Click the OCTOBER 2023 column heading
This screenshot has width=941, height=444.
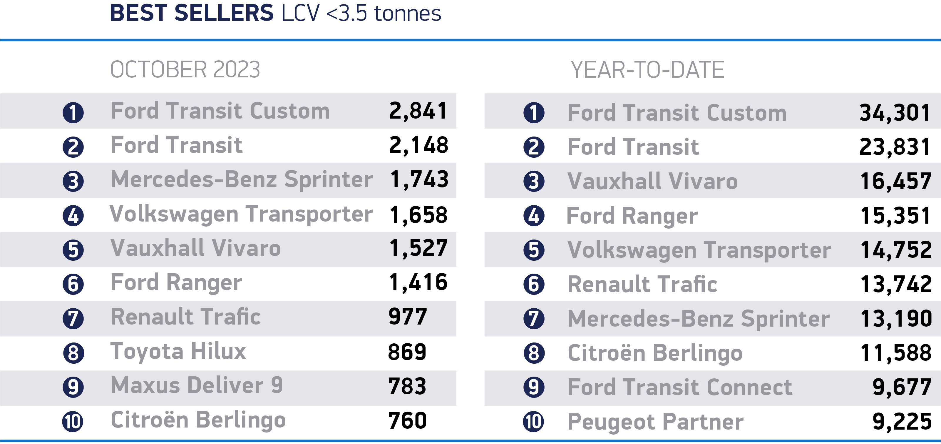click(x=185, y=69)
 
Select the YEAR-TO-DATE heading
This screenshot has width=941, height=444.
click(x=647, y=70)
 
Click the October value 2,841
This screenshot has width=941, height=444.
click(x=418, y=111)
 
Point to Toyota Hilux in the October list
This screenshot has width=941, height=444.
click(x=178, y=352)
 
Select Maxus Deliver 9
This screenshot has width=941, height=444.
click(x=197, y=385)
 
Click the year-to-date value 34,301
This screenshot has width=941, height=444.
click(x=895, y=113)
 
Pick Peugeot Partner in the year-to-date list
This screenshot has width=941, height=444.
click(x=655, y=422)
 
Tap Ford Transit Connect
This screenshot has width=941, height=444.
click(x=680, y=387)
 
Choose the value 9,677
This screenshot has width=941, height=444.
click(x=902, y=387)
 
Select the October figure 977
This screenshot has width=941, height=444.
click(x=408, y=317)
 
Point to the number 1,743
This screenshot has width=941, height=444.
click(x=419, y=179)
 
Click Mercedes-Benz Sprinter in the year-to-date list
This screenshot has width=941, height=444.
click(x=699, y=319)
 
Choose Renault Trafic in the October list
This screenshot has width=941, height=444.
click(x=185, y=317)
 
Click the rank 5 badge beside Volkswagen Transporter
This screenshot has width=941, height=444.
click(x=534, y=250)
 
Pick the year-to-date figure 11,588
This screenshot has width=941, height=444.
click(x=896, y=353)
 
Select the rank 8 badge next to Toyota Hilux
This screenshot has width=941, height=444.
click(x=73, y=353)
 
